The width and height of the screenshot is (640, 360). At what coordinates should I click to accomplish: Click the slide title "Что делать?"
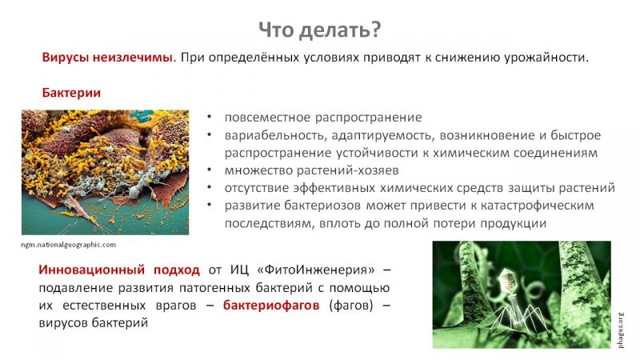319,30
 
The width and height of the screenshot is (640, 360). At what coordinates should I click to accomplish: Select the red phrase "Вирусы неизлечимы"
107,57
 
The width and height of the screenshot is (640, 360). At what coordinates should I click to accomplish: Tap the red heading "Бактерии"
71,93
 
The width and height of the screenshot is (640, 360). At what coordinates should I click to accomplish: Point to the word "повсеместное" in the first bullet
267,118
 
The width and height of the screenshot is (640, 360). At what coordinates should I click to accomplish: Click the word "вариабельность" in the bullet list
275,135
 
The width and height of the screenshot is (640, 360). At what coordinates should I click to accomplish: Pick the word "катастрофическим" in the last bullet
537,206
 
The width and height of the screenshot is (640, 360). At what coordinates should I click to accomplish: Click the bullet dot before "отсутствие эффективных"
210,187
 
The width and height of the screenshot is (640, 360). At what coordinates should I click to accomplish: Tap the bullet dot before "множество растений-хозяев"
210,170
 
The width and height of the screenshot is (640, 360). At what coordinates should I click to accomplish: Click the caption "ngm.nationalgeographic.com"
69,245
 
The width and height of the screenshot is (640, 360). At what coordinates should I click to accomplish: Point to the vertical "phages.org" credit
621,330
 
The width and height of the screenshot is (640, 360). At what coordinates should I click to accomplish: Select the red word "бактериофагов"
271,306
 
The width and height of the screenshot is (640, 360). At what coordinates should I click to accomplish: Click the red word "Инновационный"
91,270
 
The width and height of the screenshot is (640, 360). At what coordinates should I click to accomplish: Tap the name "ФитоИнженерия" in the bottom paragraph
319,270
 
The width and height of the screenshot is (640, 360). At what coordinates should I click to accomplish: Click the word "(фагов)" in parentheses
351,306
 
